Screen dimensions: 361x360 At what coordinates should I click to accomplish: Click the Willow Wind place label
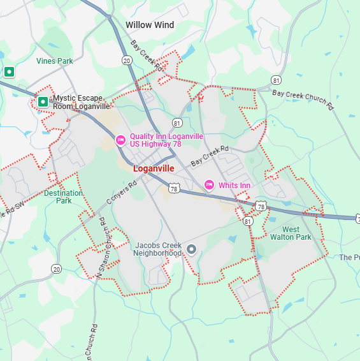tap(149, 25)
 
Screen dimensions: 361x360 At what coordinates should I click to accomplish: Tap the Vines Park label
tap(55, 61)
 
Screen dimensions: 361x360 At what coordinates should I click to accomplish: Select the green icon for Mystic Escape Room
tap(43, 101)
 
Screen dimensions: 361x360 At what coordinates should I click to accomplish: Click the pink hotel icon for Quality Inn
tap(120, 140)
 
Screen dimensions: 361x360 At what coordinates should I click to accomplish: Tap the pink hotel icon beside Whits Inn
tap(208, 185)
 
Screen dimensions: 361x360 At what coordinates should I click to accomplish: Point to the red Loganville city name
tap(154, 169)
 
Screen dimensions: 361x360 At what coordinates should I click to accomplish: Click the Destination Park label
tap(64, 196)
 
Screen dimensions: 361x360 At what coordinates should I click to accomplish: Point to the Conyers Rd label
tap(122, 193)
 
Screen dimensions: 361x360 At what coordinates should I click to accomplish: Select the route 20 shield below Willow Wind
tap(127, 61)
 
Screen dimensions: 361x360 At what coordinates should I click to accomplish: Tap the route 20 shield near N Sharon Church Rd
tap(57, 269)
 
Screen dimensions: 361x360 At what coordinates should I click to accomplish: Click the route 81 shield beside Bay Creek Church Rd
tap(275, 80)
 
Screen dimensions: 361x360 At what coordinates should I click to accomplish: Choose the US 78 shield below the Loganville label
tap(174, 188)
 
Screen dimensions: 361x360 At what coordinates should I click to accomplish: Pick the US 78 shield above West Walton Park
tap(261, 206)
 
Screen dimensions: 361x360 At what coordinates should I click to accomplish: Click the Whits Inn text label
tap(234, 185)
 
